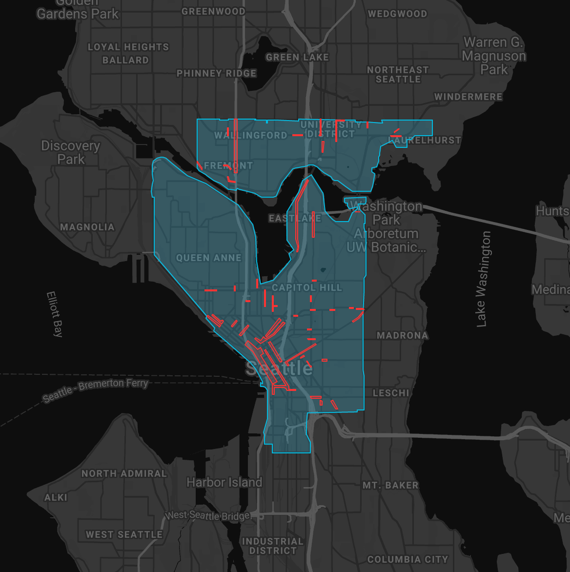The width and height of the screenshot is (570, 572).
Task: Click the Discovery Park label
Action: coord(70,152)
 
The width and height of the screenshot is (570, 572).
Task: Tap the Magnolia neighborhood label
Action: coord(87,227)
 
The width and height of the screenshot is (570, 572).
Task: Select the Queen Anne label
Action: coord(209,258)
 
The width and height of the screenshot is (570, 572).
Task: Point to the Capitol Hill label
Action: coord(307,287)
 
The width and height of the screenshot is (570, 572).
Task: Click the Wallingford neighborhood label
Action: coord(251,135)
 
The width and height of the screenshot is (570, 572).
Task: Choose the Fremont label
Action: coord(228,166)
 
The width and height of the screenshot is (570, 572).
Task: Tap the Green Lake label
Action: coord(297,57)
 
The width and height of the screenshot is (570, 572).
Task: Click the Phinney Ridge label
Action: coord(216,73)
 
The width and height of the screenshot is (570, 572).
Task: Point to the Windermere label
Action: coord(468,97)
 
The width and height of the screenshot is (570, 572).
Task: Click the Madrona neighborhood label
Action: coord(403,335)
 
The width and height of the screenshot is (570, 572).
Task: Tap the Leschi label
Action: coord(391,393)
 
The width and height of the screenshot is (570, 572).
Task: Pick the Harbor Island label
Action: coord(224,483)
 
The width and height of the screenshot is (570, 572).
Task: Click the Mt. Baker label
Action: coord(390,485)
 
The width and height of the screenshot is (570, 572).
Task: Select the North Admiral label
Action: coord(124,473)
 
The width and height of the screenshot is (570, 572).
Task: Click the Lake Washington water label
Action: coord(483,279)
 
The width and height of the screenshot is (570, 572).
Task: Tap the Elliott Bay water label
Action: coord(55,314)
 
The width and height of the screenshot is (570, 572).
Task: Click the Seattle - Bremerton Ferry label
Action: coord(95,390)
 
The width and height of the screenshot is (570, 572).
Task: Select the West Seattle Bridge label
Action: coord(208,516)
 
